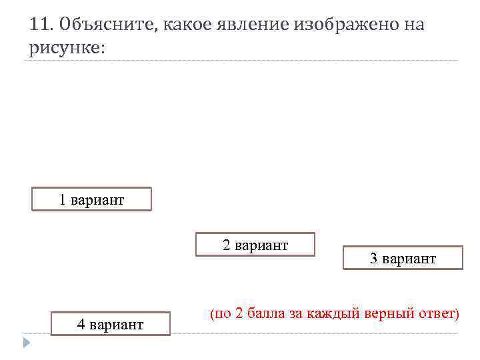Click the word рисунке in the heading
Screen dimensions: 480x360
coord(66,49)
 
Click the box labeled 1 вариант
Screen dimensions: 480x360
coord(92,199)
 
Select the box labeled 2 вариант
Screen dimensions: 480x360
coord(255,245)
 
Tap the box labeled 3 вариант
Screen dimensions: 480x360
coord(403,258)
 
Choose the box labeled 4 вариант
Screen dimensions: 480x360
coord(111,325)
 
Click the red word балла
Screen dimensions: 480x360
coord(266,313)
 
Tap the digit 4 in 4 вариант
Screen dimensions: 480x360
coord(81,325)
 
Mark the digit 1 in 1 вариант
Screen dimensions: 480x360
coord(63,199)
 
